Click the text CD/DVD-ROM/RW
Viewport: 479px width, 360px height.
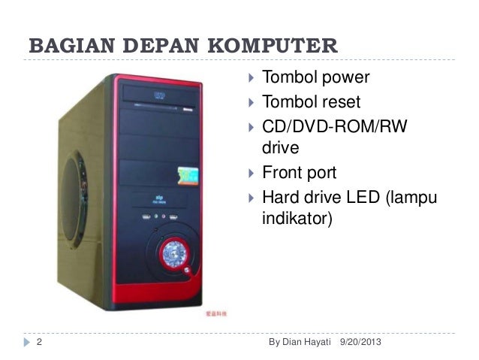tap(333, 124)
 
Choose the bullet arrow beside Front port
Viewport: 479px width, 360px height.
tap(250, 173)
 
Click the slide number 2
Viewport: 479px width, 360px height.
tap(39, 343)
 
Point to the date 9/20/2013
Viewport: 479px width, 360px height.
tap(360, 343)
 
